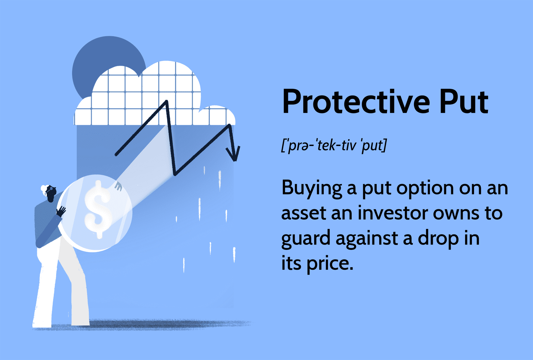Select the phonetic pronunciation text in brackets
point(334,145)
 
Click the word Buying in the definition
point(312,188)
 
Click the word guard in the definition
point(306,239)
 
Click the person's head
point(49,193)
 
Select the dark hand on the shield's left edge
point(61,211)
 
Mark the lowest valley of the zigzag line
point(174,174)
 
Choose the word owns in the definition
point(456,213)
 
